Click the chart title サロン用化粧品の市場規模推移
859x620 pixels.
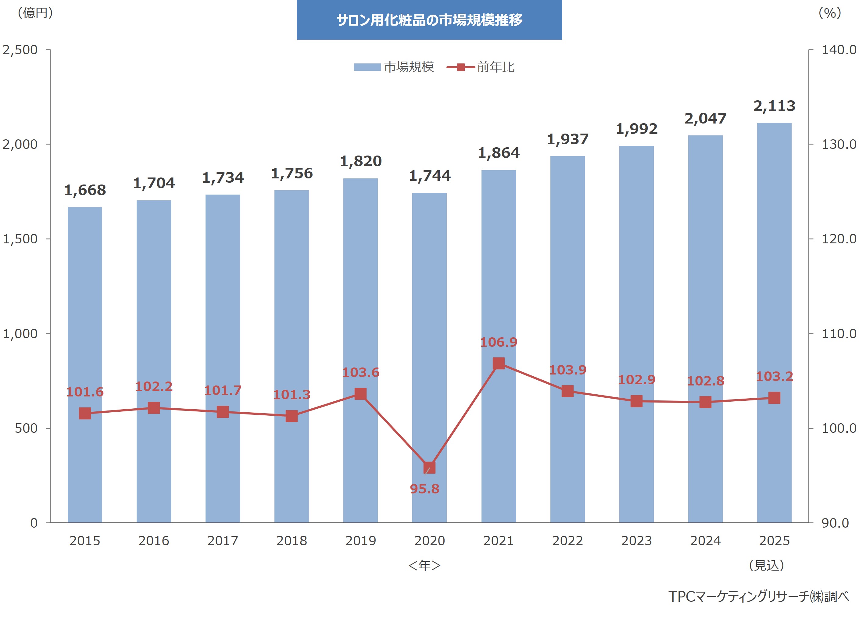(x=429, y=20)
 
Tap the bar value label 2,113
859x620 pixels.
(x=774, y=106)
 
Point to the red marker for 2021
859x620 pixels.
(x=499, y=363)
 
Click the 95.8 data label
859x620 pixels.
(x=424, y=489)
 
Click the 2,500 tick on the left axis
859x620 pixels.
(x=20, y=50)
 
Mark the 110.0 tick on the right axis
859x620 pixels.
(x=838, y=334)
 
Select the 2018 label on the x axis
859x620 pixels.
(x=291, y=541)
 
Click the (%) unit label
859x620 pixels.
(x=829, y=13)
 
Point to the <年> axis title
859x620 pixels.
(x=424, y=565)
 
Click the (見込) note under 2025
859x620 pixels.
(x=766, y=565)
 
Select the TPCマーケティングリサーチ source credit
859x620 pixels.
(x=758, y=597)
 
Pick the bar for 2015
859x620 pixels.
(x=85, y=364)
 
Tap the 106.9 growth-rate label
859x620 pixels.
(x=499, y=342)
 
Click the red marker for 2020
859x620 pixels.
(x=429, y=468)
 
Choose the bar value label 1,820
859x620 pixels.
(x=360, y=161)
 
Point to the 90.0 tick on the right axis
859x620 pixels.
(x=838, y=523)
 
